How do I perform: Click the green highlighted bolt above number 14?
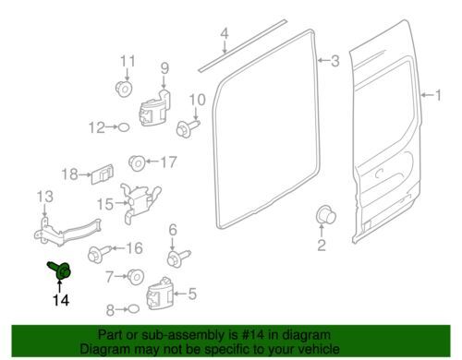60,270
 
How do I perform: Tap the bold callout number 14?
61,300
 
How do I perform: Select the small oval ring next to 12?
124,127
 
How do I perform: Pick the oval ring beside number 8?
133,308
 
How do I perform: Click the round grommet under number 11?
124,90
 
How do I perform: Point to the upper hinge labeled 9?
155,108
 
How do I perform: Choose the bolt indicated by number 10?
188,128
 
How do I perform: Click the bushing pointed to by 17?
137,163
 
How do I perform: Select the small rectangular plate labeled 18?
103,174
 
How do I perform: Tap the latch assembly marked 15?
140,202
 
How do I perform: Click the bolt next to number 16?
100,253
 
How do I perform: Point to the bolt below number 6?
178,258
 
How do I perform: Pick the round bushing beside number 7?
136,276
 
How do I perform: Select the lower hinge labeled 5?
160,294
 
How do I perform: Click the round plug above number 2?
326,214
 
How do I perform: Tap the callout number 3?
335,61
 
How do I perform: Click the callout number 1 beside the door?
438,95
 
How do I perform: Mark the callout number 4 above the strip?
225,33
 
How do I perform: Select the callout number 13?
45,197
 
